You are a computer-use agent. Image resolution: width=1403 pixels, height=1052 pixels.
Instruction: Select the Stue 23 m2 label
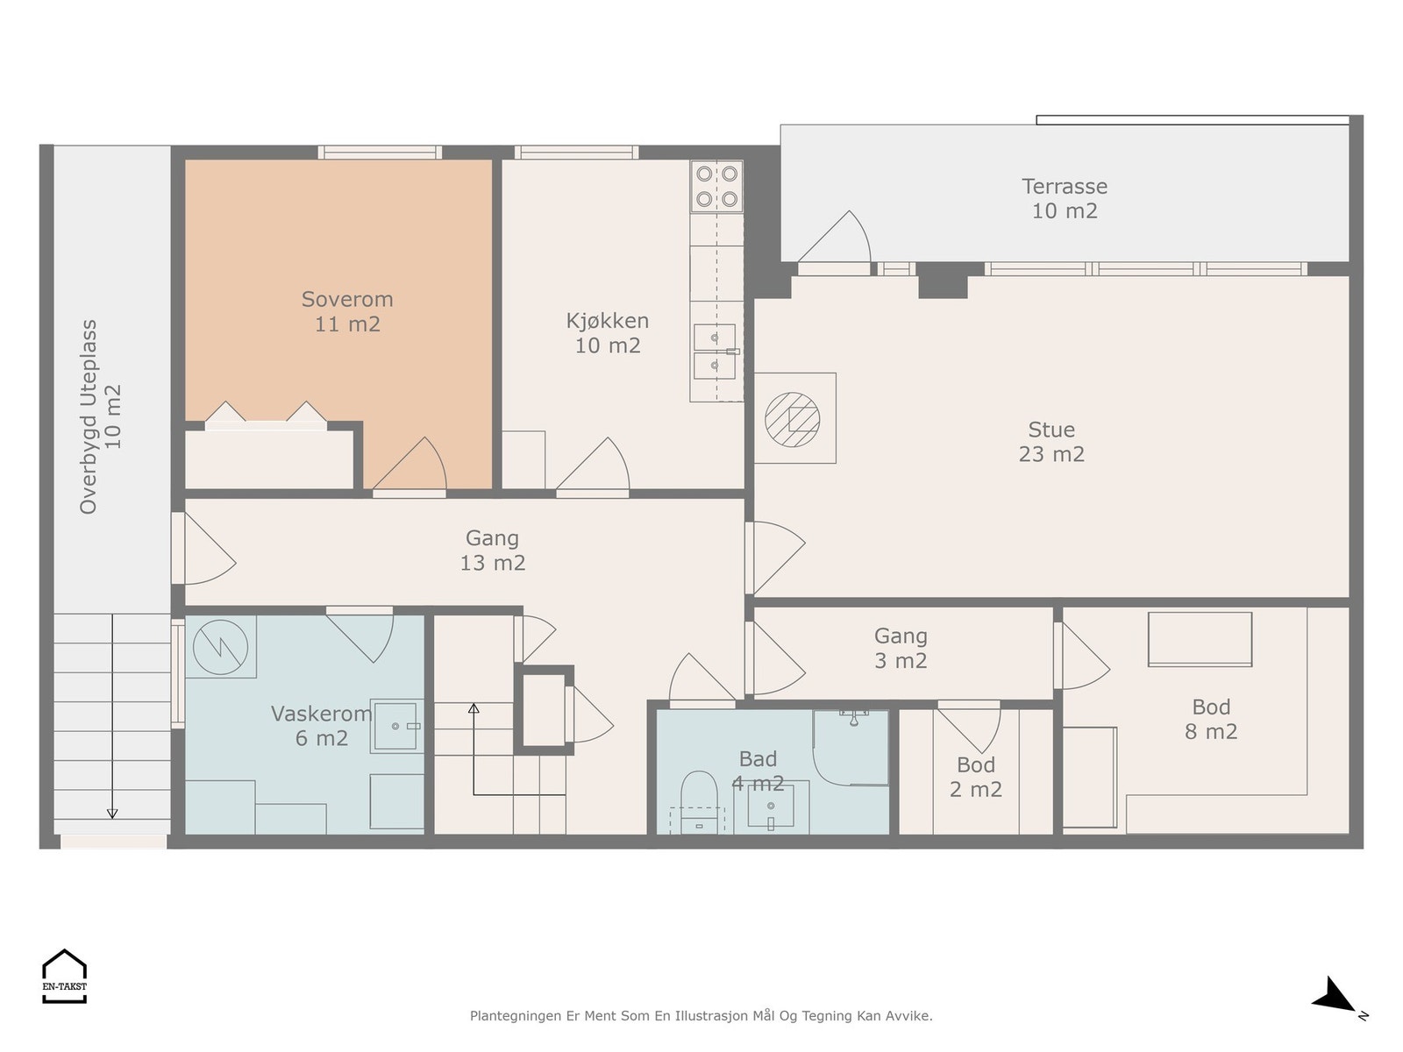(1050, 441)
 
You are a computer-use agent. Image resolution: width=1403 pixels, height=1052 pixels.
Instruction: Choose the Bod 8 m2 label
(1211, 719)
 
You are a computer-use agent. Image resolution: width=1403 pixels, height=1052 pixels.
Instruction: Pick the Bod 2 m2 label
(975, 777)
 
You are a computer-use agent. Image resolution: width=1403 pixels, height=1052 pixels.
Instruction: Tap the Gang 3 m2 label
(901, 648)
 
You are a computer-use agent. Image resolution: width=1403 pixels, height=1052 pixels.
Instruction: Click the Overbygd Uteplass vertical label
(99, 416)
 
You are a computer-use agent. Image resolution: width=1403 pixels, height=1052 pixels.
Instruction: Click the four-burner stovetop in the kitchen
(716, 186)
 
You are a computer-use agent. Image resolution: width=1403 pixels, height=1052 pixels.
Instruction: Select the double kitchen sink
(715, 352)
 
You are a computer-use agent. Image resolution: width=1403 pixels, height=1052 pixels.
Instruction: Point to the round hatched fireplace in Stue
(792, 419)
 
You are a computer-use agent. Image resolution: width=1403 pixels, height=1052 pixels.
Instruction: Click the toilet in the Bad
(699, 802)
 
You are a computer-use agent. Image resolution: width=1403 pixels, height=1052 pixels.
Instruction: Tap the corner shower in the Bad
(850, 747)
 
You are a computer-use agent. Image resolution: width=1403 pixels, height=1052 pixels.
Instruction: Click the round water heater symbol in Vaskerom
(220, 646)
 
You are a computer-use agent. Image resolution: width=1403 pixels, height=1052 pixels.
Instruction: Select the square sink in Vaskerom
(396, 726)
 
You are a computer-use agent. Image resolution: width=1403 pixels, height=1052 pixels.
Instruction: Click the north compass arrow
(1335, 998)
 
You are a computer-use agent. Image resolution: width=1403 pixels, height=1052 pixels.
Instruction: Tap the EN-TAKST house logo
(64, 976)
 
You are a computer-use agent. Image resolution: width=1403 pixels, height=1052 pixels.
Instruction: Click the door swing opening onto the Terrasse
(834, 237)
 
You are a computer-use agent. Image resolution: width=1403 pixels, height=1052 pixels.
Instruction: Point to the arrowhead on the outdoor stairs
(112, 814)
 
